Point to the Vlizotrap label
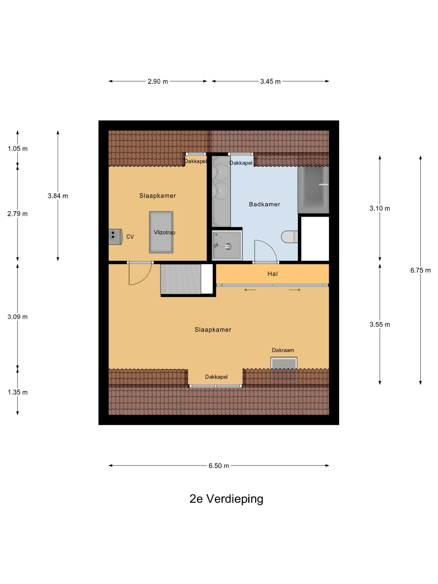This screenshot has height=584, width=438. pyautogui.click(x=165, y=232)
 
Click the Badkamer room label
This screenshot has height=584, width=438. pyautogui.click(x=264, y=204)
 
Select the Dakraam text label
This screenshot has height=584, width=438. pyautogui.click(x=283, y=350)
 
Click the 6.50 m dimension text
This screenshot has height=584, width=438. pyautogui.click(x=219, y=466)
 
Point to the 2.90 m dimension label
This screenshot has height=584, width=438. pyautogui.click(x=158, y=82)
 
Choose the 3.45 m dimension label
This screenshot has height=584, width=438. pyautogui.click(x=270, y=82)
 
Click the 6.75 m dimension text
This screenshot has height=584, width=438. pyautogui.click(x=420, y=270)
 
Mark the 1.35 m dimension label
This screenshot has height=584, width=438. pyautogui.click(x=18, y=392)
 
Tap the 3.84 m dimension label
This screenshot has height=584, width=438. pyautogui.click(x=58, y=196)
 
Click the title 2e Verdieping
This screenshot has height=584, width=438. pyautogui.click(x=226, y=498)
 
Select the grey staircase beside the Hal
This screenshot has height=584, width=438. pyautogui.click(x=181, y=279)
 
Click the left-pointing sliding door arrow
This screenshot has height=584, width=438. pyautogui.click(x=250, y=290)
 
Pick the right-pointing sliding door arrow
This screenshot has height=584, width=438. pyautogui.click(x=295, y=290)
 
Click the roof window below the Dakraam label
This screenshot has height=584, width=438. pyautogui.click(x=284, y=370)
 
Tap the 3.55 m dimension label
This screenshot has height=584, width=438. pyautogui.click(x=380, y=325)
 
